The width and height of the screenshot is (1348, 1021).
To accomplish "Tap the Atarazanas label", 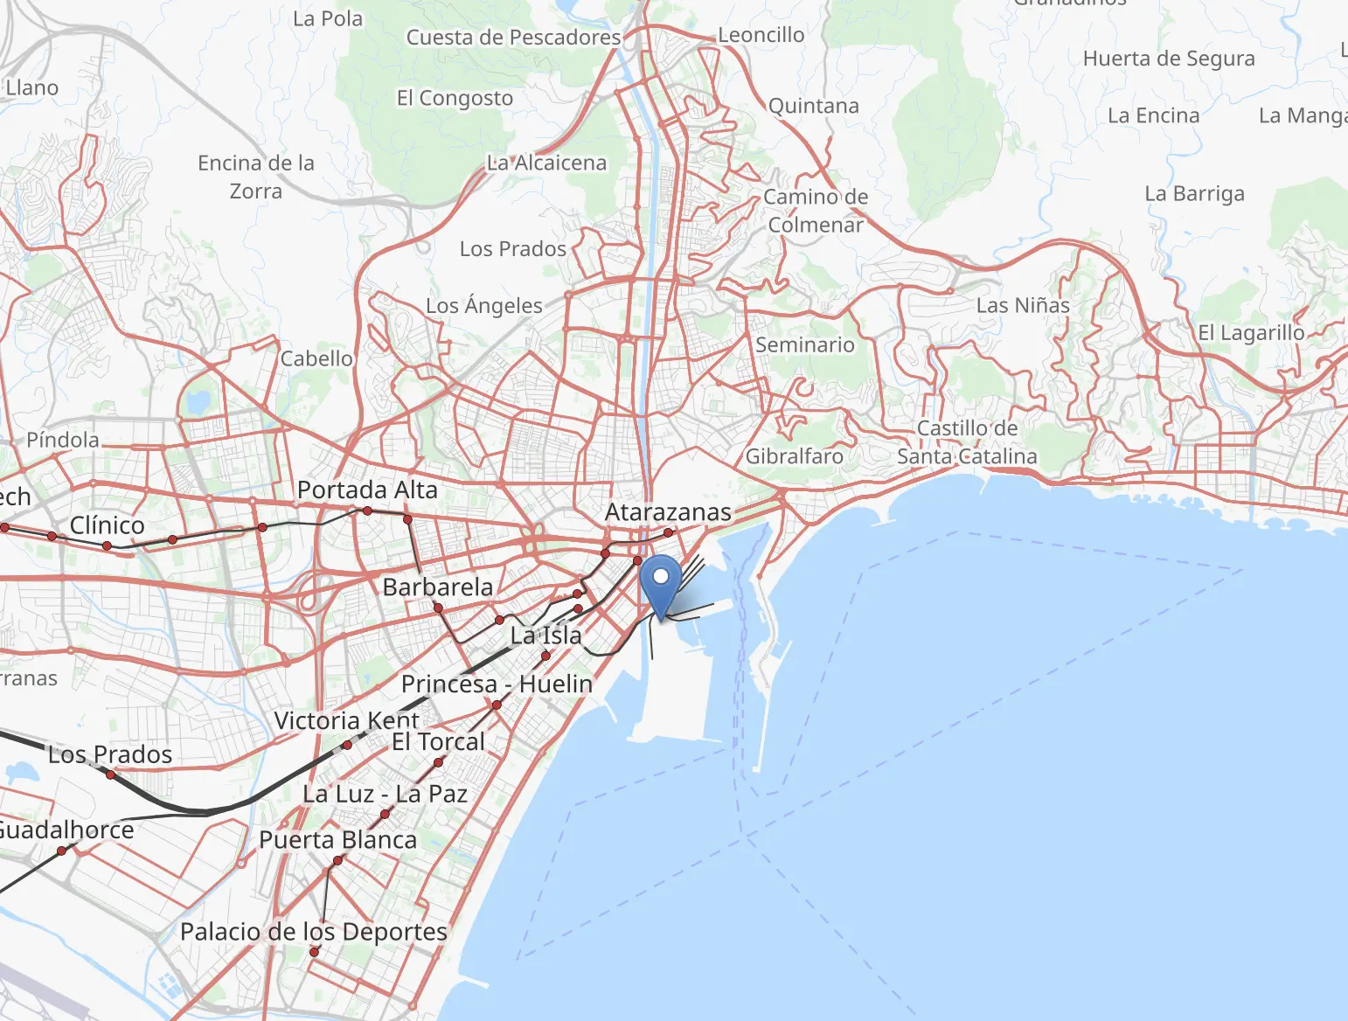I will click(668, 512).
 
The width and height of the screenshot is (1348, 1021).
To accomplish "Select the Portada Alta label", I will click(367, 490).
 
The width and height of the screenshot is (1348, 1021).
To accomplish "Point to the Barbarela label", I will click(438, 587).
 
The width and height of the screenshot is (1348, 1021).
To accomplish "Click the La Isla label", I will click(546, 636).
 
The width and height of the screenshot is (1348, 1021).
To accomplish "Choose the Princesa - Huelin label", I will click(497, 684).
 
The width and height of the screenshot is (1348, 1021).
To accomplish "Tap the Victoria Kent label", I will click(347, 721).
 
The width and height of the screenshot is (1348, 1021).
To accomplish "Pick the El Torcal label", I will click(438, 742).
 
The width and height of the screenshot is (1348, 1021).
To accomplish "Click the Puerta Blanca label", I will click(337, 840).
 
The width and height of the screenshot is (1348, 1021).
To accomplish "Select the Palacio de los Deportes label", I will click(314, 932).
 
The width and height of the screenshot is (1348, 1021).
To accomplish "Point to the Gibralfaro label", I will click(794, 456).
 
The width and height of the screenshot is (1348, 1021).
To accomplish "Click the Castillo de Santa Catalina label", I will click(967, 442).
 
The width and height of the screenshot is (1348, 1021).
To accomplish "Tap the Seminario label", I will click(804, 345).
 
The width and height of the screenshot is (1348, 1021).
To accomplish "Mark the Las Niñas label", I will click(1023, 306).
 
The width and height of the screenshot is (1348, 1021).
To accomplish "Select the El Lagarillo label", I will click(1251, 333).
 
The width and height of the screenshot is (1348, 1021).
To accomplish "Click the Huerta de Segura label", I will click(1169, 59).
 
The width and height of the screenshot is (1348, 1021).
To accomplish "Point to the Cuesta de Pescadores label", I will click(513, 38).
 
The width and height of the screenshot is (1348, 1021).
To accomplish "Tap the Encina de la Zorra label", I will click(256, 177).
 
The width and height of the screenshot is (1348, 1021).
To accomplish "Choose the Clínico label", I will click(107, 525).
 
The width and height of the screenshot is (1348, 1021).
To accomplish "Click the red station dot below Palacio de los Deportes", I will click(315, 952).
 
